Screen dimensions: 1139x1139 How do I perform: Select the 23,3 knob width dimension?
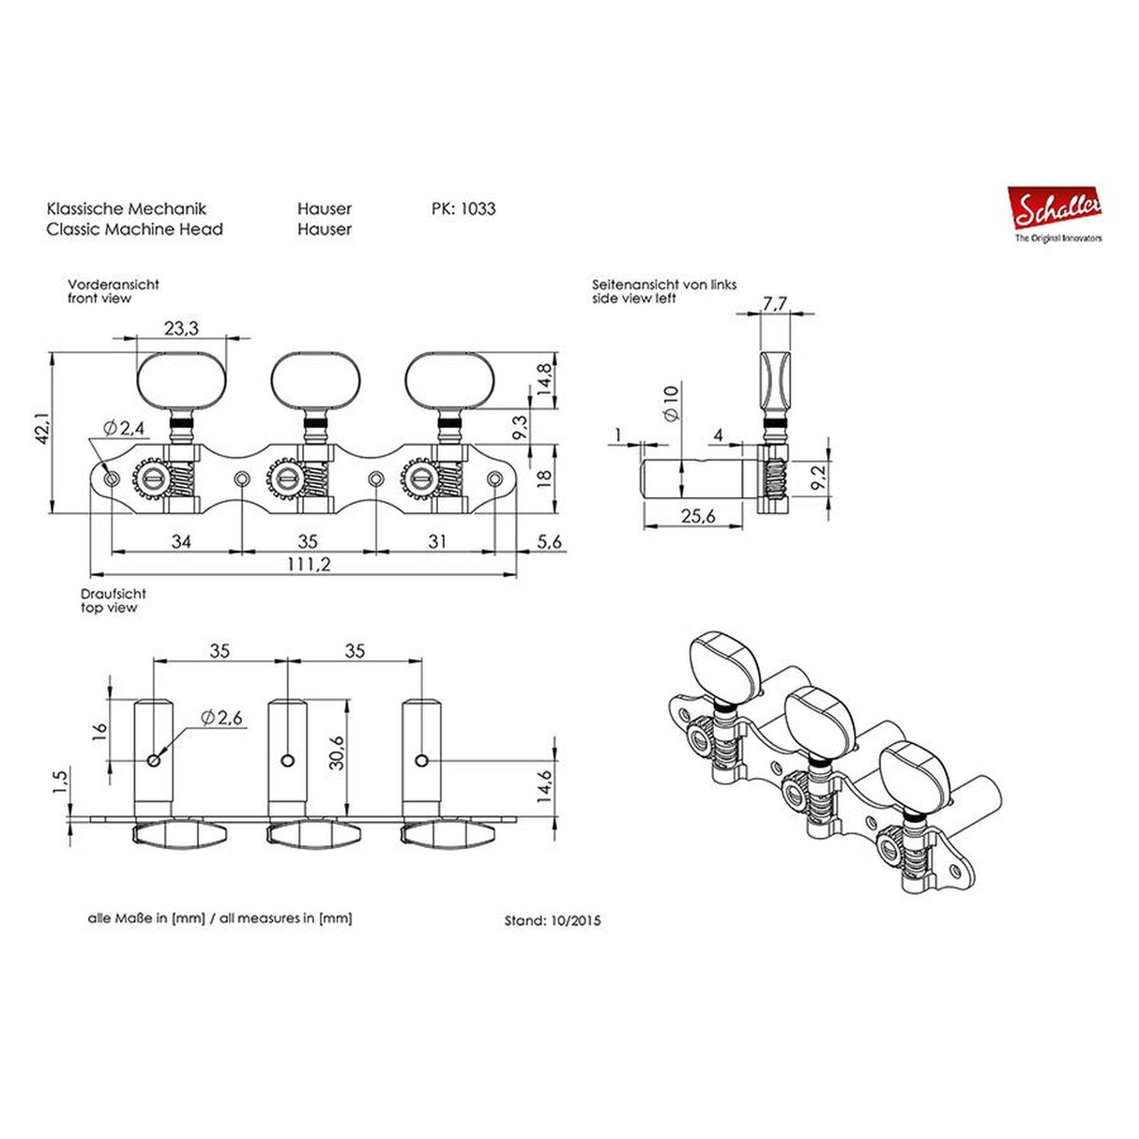coord(180,327)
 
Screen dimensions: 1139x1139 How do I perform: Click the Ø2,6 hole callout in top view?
coord(221,718)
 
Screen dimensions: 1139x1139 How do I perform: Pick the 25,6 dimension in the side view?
coord(698,516)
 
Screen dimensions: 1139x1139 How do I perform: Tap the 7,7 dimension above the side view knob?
coord(775,303)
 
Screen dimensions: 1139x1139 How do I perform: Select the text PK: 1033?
coord(463,209)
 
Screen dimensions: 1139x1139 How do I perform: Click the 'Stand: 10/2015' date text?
coord(553,920)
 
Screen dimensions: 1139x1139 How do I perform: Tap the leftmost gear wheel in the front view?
coord(151,480)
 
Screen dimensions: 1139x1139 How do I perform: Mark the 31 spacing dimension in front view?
coord(437,541)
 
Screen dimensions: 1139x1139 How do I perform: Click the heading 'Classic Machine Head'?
coord(134,229)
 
